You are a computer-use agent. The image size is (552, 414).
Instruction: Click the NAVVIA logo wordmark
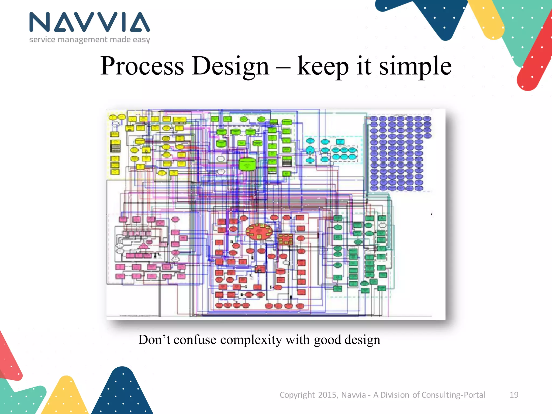pyautogui.click(x=89, y=22)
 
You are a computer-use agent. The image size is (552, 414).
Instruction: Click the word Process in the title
pyautogui.click(x=142, y=66)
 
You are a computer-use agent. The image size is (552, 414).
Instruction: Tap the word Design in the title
pyautogui.click(x=230, y=66)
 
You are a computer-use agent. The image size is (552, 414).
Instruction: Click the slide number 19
pyautogui.click(x=514, y=395)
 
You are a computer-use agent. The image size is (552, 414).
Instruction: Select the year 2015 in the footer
pyautogui.click(x=327, y=395)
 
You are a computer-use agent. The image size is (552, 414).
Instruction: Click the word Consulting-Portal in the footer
pyautogui.click(x=453, y=395)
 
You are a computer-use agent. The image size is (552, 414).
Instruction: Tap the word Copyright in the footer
pyautogui.click(x=297, y=395)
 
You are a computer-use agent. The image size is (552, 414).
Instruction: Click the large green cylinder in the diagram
pyautogui.click(x=247, y=164)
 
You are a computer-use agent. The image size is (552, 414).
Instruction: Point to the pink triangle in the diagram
pyautogui.click(x=143, y=246)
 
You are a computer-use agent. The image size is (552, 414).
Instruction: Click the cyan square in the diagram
pyautogui.click(x=340, y=142)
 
